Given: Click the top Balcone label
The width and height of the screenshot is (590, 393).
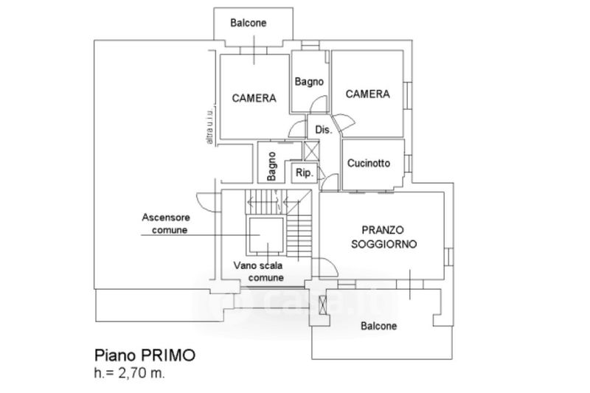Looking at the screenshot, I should [249, 24].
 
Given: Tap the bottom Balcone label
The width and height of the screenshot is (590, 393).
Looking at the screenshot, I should [378, 326].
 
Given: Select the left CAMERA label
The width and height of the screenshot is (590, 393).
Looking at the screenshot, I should [254, 97].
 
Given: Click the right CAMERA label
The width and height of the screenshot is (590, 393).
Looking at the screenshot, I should [367, 94].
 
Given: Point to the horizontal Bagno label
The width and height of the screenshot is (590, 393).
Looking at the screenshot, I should [308, 81].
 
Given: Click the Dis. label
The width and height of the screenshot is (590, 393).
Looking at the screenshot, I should [323, 130].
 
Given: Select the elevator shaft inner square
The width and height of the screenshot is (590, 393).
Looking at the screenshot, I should [266, 236].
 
